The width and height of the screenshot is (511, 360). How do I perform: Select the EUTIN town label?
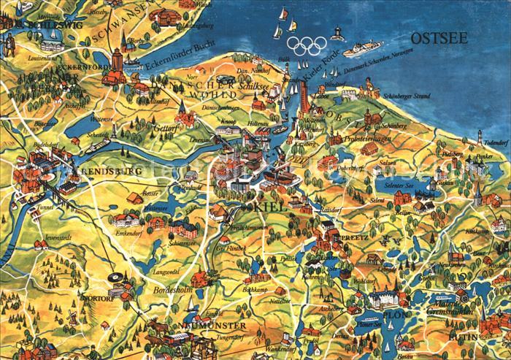click(x=493, y=337)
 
